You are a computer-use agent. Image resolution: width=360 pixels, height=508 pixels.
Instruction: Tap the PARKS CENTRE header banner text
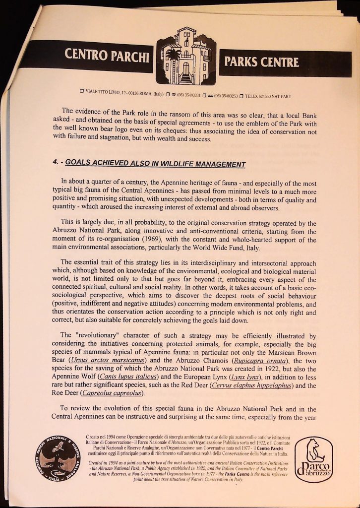pyautogui.click(x=262, y=62)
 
